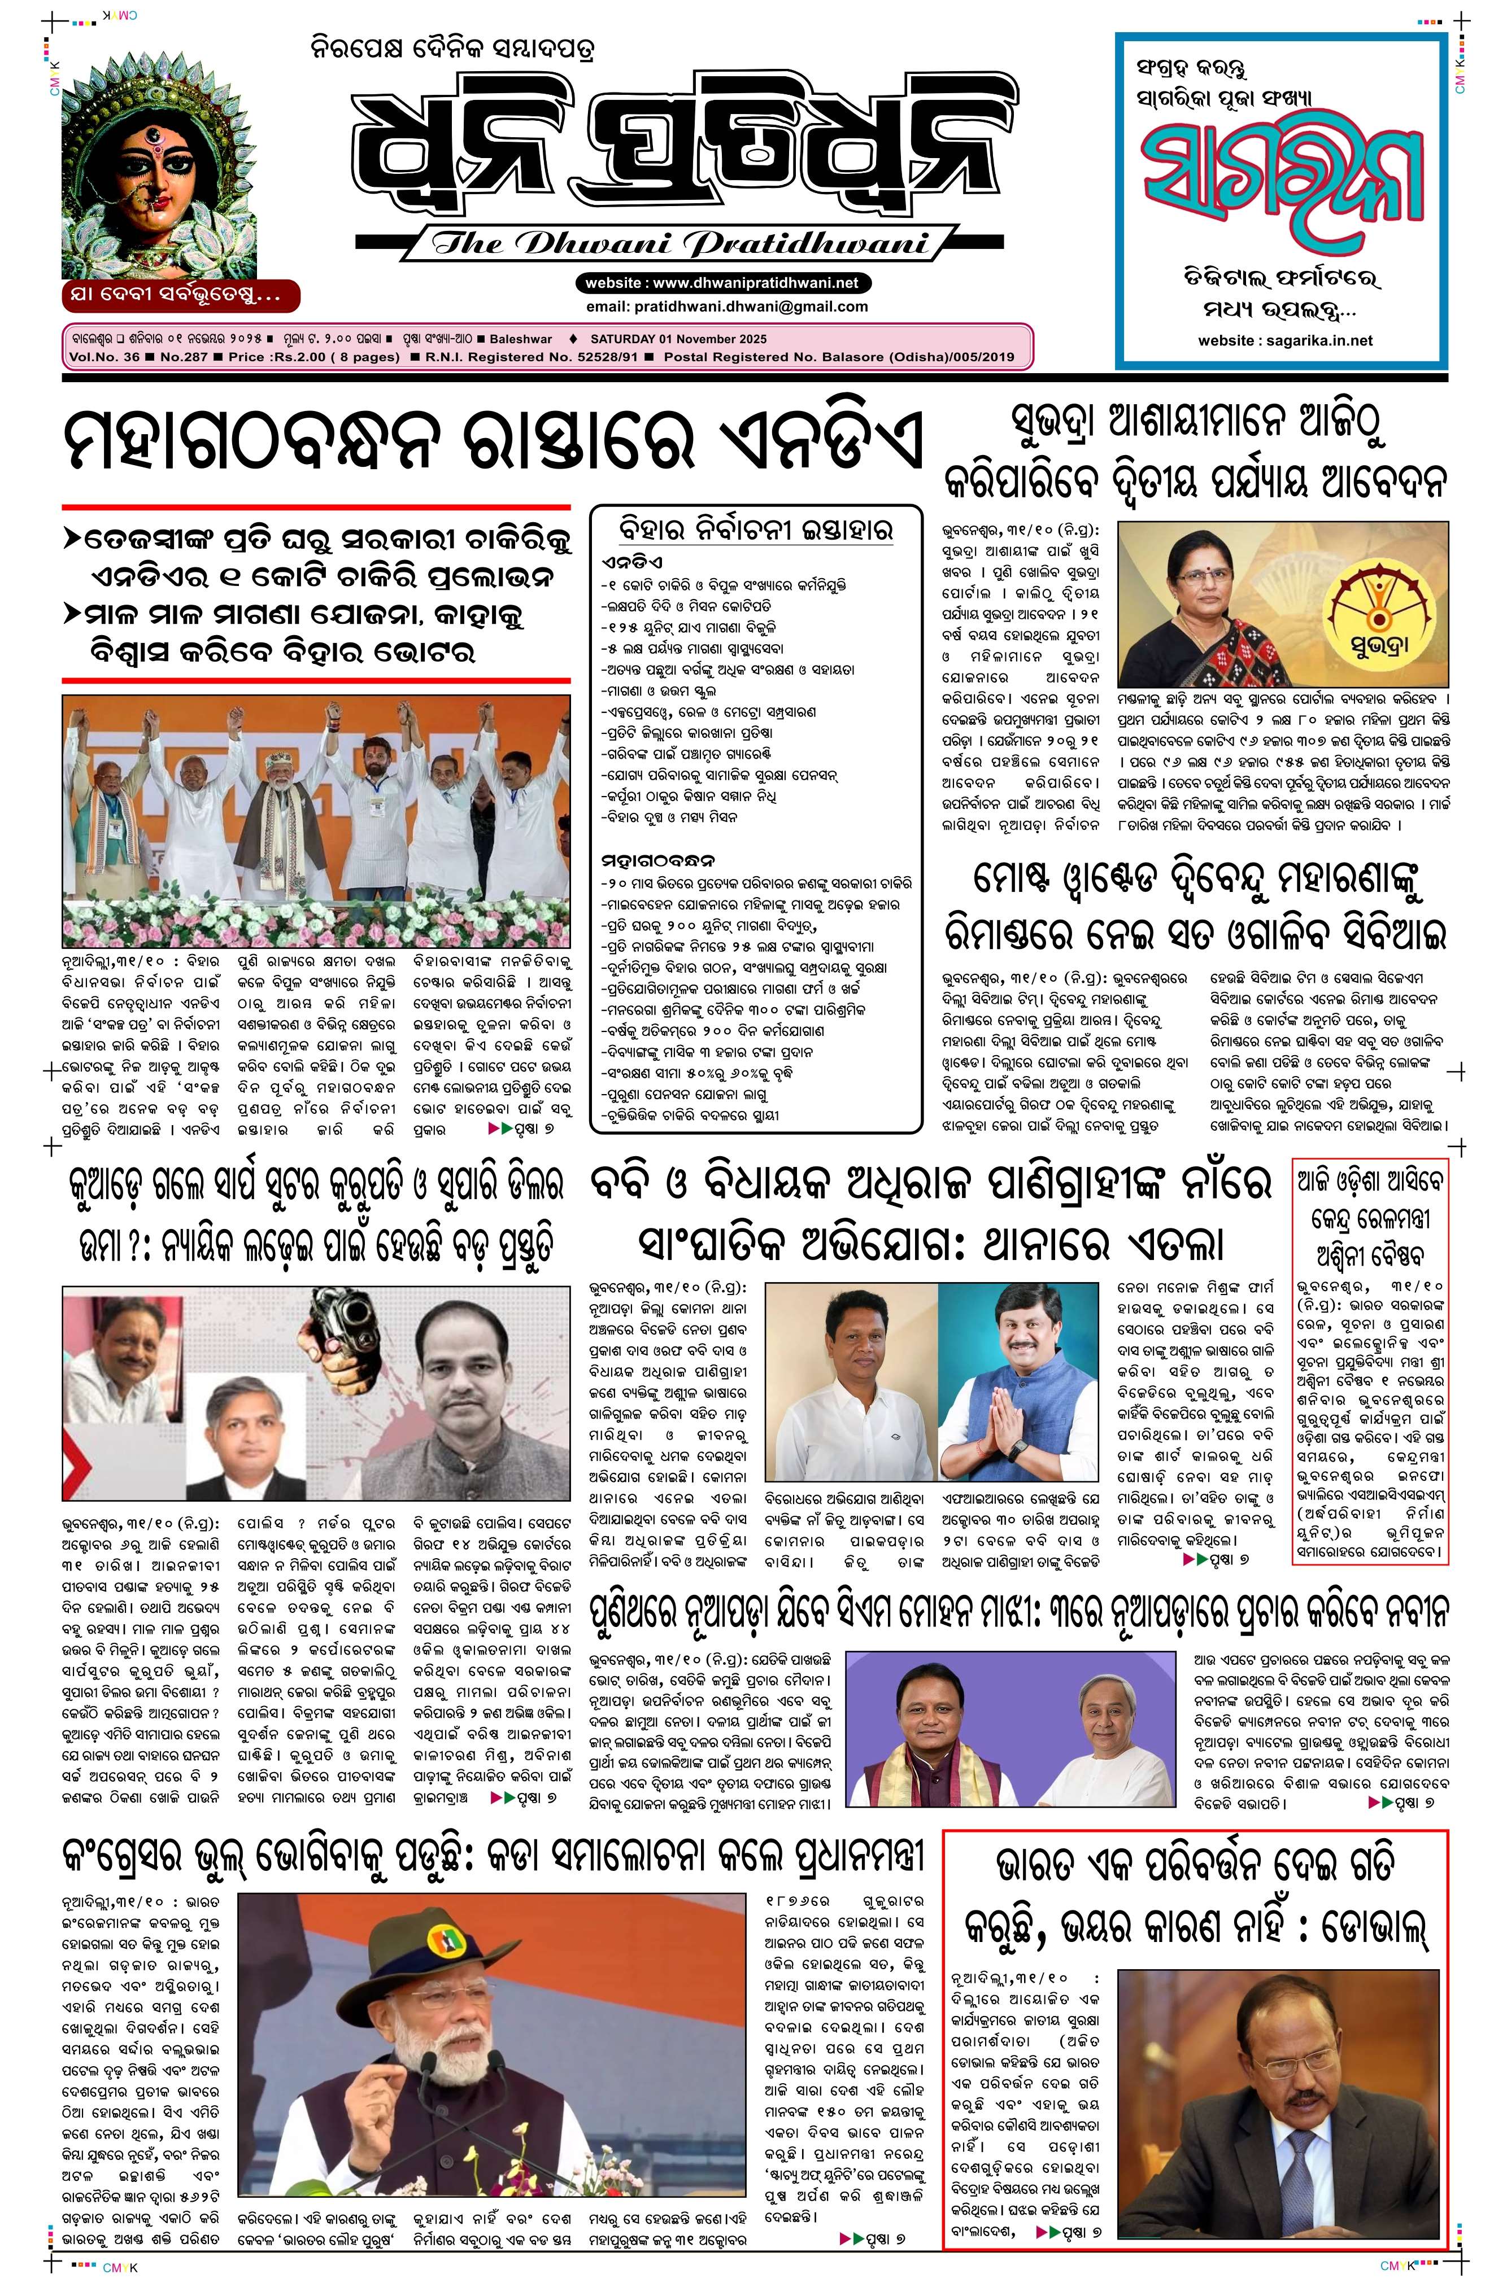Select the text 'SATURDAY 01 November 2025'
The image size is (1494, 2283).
(x=678, y=339)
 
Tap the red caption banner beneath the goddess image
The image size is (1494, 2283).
(x=180, y=295)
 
